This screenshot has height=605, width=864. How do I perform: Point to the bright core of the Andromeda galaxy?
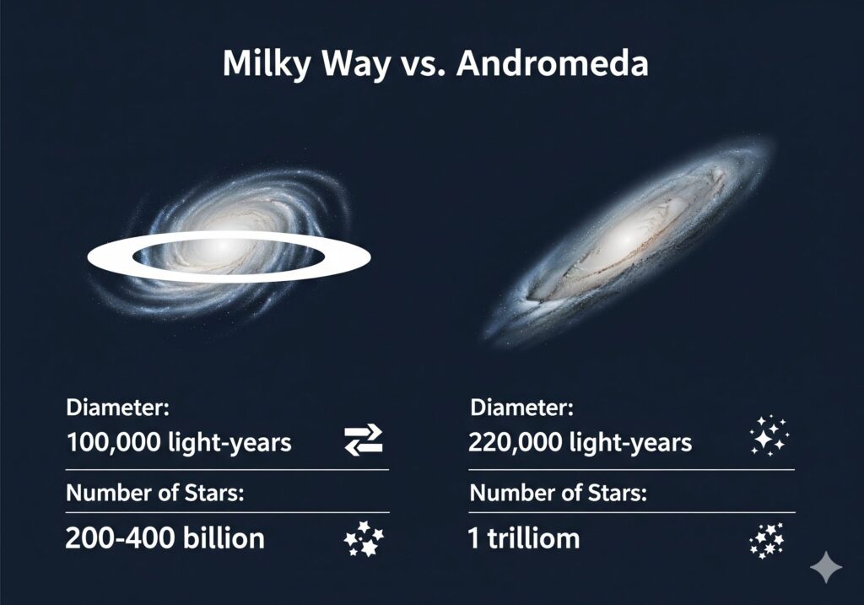point(627,238)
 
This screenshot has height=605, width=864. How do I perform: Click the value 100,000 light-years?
point(179,442)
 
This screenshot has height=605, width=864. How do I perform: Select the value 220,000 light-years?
point(580,442)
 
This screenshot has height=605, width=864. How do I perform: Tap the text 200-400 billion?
point(165,538)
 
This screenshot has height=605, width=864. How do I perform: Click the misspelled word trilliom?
point(533,538)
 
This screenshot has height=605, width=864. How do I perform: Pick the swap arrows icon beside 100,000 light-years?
point(364,440)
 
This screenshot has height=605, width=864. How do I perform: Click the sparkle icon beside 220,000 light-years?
point(769,436)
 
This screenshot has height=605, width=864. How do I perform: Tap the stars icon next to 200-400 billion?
point(364,538)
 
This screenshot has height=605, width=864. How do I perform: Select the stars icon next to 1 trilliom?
point(766,540)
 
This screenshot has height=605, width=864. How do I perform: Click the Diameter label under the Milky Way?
point(117,408)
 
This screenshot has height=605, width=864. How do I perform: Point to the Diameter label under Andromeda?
point(521,408)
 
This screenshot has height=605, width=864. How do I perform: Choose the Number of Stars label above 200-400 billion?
point(155,493)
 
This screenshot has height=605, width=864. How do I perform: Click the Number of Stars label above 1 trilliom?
point(559,493)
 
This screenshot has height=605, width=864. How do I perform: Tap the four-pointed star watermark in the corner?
point(826,566)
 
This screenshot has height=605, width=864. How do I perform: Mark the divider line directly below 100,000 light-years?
point(227,470)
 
